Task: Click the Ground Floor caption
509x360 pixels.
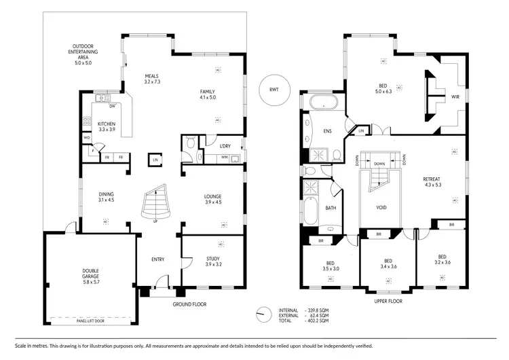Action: point(190,304)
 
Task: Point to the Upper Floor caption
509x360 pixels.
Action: point(388,300)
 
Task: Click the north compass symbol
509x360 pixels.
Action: point(262,314)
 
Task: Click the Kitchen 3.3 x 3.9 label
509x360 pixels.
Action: point(107,126)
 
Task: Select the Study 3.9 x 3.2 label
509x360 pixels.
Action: point(213,262)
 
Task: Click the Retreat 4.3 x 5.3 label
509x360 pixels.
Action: point(433,181)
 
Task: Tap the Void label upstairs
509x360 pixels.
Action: point(381,207)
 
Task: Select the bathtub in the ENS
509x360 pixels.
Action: point(322,103)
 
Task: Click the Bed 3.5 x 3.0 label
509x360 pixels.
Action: point(331,266)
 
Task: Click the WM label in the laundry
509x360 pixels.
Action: point(224,158)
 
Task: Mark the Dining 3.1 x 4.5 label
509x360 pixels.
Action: point(106,197)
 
